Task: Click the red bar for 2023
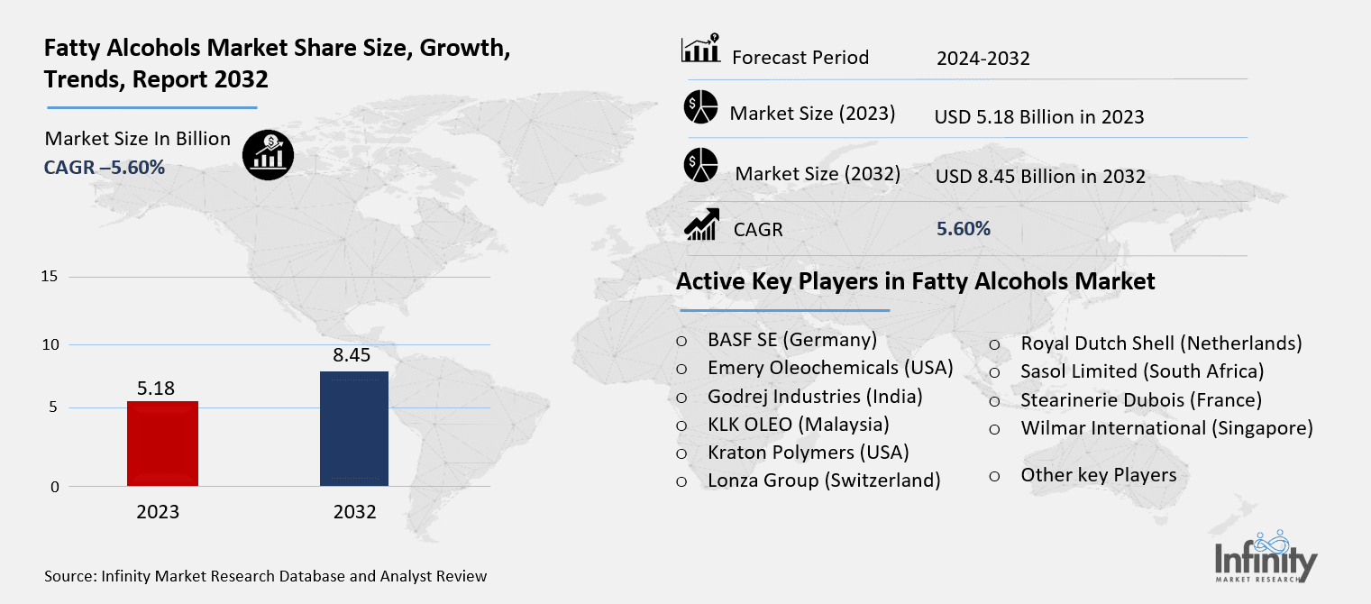(x=162, y=444)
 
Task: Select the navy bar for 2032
(x=354, y=429)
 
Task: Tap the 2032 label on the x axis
(x=354, y=512)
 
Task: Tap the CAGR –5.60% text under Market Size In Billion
(x=105, y=167)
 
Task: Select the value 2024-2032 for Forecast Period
(x=983, y=59)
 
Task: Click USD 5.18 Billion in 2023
(x=1039, y=117)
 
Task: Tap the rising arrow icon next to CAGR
(x=700, y=225)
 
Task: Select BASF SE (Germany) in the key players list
(x=791, y=340)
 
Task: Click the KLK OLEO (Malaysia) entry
(x=798, y=424)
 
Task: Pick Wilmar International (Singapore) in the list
(x=1166, y=428)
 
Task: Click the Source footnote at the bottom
(x=265, y=576)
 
